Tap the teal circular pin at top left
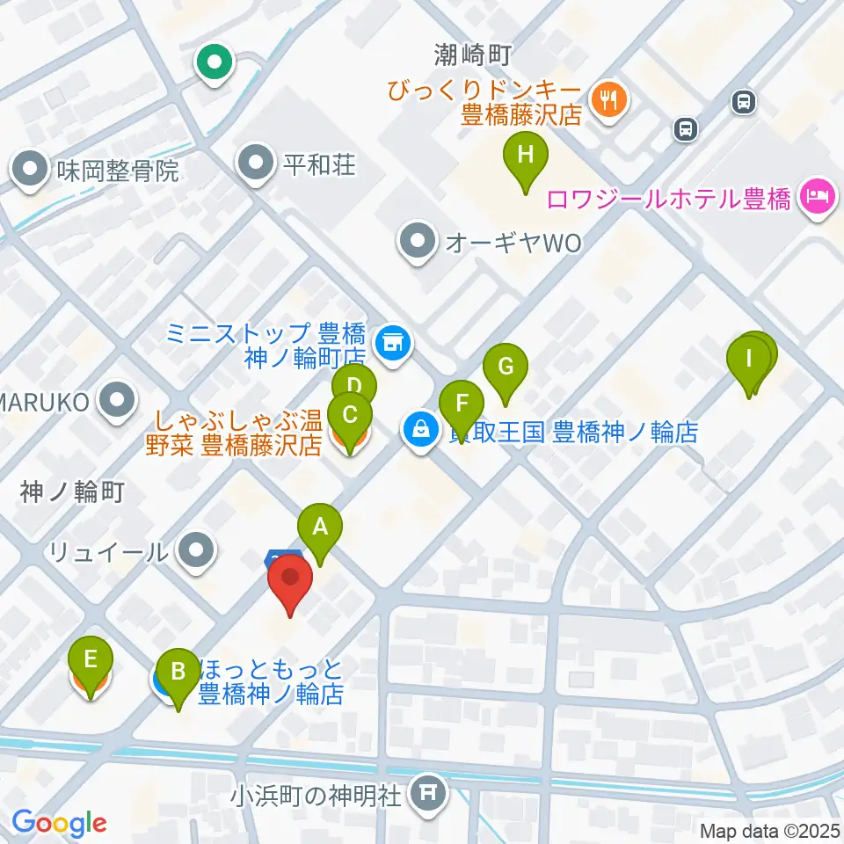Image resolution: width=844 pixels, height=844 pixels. (x=214, y=63)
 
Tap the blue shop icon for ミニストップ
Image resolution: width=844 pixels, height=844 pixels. (x=393, y=343)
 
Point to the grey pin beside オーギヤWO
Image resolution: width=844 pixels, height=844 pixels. (x=417, y=243)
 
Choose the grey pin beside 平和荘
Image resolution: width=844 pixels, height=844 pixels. (x=256, y=163)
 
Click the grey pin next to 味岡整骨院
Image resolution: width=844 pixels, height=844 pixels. (x=30, y=169)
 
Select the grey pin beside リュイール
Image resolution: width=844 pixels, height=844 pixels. (x=195, y=551)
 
